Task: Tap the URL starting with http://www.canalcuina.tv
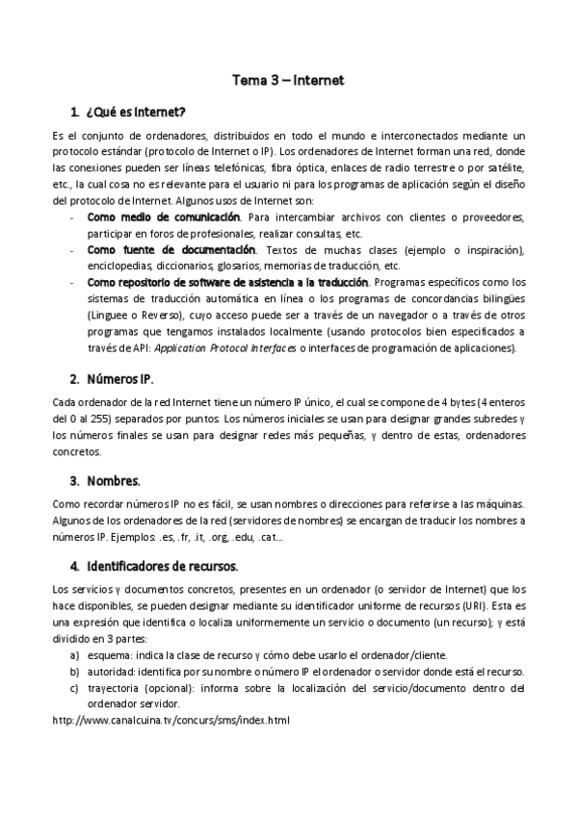pos(170,719)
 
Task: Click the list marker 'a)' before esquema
pos(74,655)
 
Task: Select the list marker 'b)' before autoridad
pos(74,672)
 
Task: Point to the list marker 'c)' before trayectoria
pos(74,688)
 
